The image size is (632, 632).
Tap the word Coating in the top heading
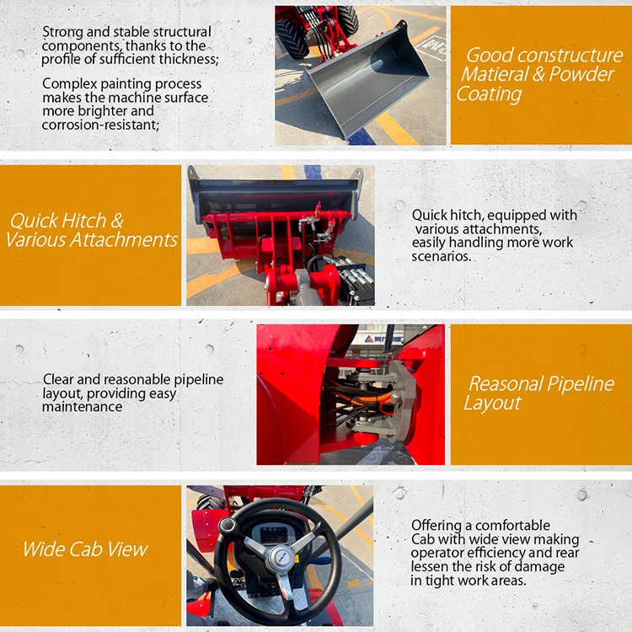click(490, 94)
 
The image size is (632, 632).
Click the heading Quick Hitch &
click(67, 221)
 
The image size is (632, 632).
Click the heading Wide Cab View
click(85, 550)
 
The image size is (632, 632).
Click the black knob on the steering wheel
click(228, 526)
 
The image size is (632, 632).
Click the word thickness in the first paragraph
click(188, 59)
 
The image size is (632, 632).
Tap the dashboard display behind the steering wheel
click(278, 533)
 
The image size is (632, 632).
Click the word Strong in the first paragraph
click(62, 32)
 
